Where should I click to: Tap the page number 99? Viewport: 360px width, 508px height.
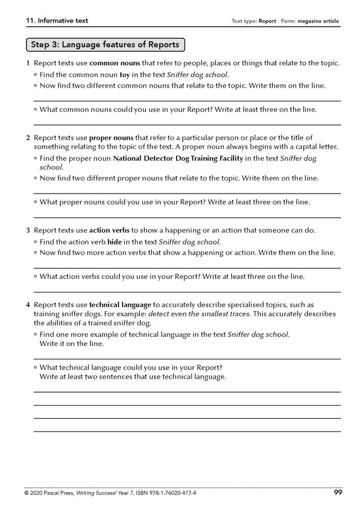click(337, 493)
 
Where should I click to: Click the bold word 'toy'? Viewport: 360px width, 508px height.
click(125, 74)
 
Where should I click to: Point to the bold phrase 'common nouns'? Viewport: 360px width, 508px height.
click(112, 63)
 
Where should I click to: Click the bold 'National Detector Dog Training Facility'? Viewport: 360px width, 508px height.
click(178, 159)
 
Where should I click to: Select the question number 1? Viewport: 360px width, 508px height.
click(28, 63)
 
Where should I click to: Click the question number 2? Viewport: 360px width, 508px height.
click(28, 137)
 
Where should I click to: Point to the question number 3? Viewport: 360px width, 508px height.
click(28, 230)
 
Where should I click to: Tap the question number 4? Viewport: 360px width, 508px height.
click(28, 304)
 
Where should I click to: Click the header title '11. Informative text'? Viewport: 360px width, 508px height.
click(57, 21)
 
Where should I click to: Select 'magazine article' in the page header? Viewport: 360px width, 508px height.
click(320, 21)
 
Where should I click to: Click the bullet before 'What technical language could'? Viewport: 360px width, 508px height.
click(35, 367)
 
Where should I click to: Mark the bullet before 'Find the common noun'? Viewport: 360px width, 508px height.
click(35, 74)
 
